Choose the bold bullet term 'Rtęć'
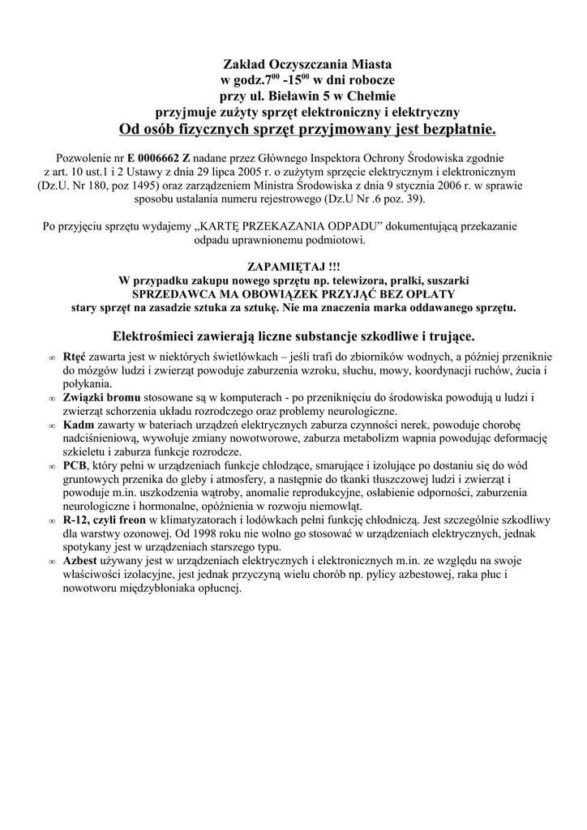point(75,357)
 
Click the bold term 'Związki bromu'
point(101,397)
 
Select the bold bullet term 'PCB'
point(75,465)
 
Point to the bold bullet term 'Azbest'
point(81,561)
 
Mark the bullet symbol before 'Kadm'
point(51,425)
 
